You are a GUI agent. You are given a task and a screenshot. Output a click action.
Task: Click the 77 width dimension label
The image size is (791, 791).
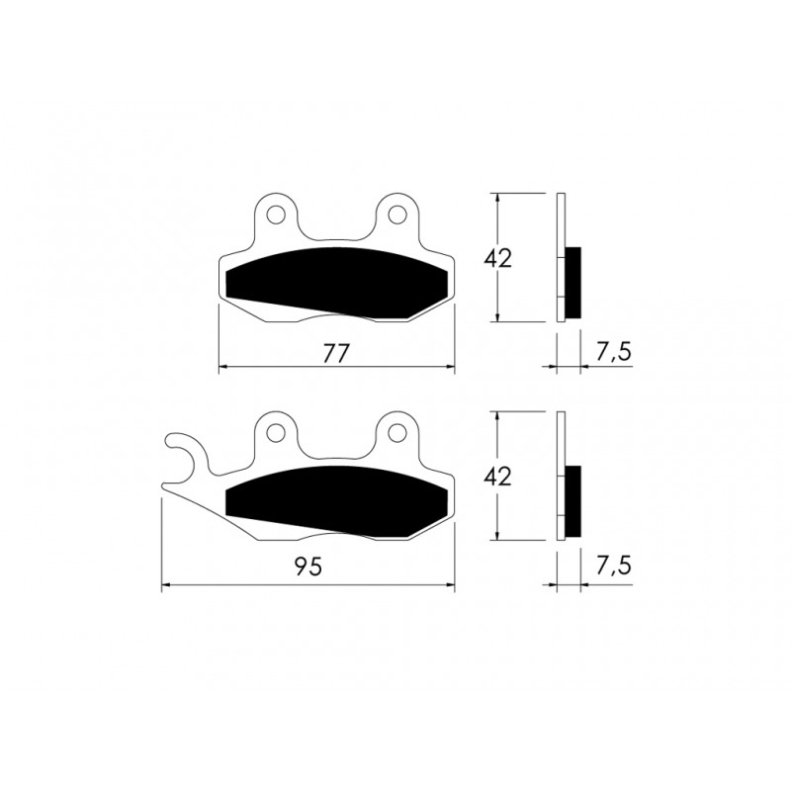pos(336,354)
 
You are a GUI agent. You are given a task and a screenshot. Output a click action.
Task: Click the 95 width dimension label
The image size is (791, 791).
pos(308,567)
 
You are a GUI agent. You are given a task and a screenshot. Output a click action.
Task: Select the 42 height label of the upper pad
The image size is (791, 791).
pos(497,258)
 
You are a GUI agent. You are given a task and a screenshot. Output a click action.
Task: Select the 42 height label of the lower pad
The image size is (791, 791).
pos(497,477)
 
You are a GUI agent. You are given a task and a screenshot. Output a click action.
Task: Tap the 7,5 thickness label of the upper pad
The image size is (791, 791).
pos(613,353)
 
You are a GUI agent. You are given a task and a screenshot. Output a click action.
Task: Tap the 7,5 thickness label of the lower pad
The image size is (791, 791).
pos(613,566)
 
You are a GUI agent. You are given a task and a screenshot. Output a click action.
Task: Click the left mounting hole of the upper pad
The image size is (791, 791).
pos(276,215)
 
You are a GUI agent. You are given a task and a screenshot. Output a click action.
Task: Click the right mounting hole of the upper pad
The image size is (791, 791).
pos(397,215)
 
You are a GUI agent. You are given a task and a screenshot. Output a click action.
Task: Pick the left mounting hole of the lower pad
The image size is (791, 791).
pos(276,432)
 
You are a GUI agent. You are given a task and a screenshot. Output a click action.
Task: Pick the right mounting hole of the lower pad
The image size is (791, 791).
pos(397,432)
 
